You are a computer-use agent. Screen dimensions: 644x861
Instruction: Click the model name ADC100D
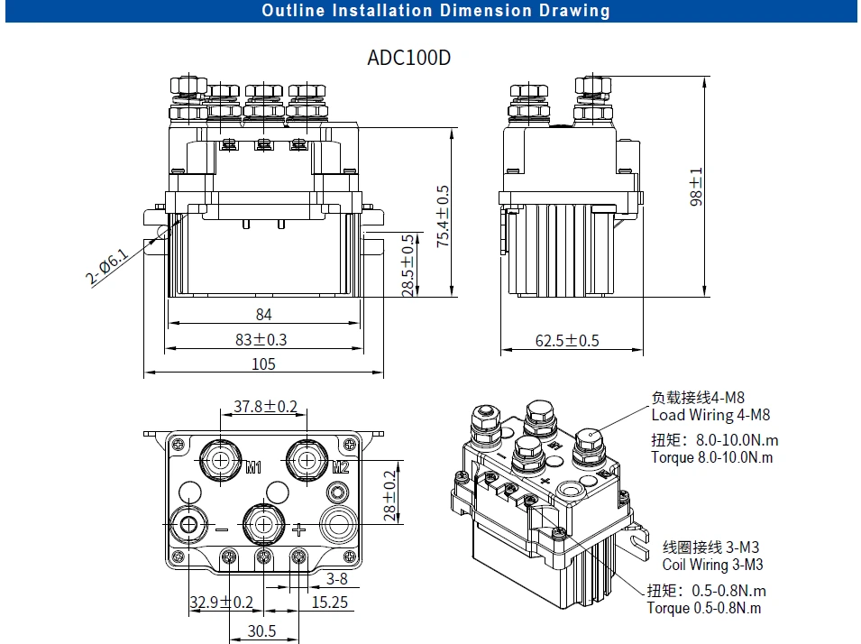(x=408, y=58)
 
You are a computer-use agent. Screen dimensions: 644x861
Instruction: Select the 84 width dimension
(x=263, y=315)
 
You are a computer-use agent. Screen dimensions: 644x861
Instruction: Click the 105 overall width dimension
(x=263, y=364)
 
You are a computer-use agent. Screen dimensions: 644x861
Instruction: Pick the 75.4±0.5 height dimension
(x=443, y=216)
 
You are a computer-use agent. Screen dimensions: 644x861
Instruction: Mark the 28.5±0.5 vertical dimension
(x=408, y=265)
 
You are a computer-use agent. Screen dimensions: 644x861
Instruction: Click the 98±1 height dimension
(x=696, y=187)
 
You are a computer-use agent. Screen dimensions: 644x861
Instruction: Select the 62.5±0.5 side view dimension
(x=567, y=341)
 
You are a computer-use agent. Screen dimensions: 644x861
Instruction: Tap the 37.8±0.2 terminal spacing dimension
(x=265, y=407)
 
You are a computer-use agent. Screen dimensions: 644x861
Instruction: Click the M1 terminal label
(x=253, y=467)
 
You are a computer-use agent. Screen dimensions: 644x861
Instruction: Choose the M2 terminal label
(x=340, y=467)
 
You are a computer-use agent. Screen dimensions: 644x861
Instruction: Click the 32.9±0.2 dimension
(x=221, y=603)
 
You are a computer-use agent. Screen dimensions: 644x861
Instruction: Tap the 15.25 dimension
(x=330, y=603)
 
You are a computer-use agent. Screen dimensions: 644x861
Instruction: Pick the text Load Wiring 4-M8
(x=710, y=416)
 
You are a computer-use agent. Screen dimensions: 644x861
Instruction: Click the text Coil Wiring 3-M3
(x=712, y=565)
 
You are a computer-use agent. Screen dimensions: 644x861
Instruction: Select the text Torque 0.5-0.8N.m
(x=703, y=608)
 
